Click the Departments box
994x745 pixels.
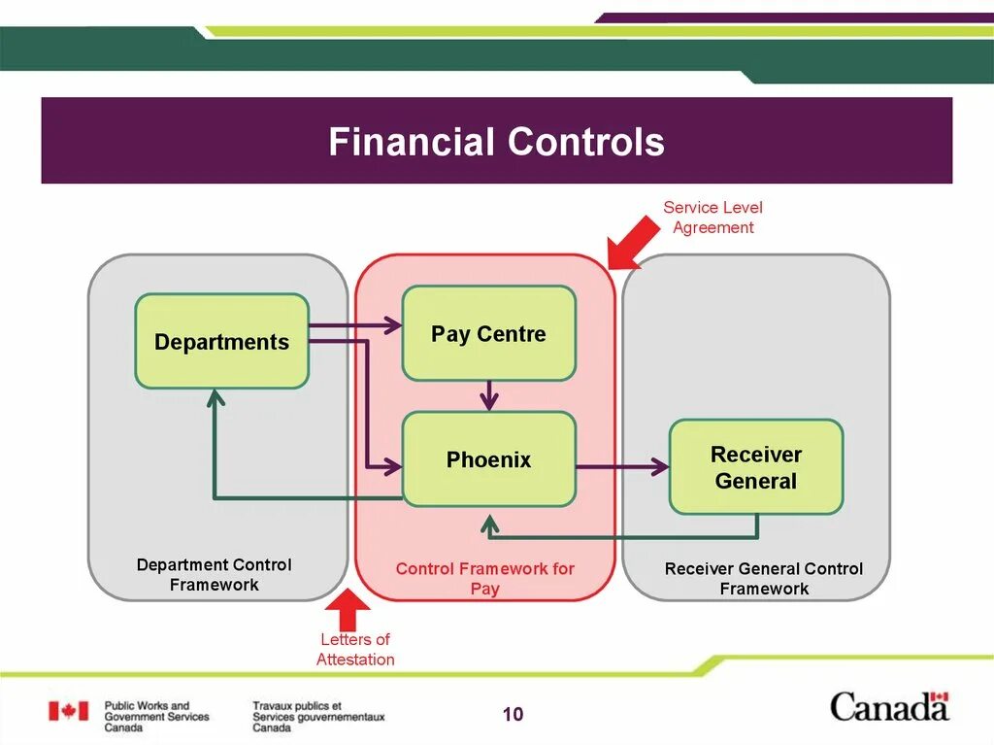(x=221, y=342)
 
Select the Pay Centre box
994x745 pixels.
(x=488, y=333)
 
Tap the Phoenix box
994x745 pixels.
(x=488, y=459)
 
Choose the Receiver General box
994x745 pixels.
(x=756, y=467)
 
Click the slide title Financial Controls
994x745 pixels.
(x=496, y=142)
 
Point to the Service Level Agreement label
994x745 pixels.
(x=713, y=218)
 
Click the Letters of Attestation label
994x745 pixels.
(x=355, y=649)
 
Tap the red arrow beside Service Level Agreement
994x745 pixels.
(x=631, y=242)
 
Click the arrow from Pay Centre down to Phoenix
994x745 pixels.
(x=489, y=394)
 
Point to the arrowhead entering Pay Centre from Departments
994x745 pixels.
(x=392, y=325)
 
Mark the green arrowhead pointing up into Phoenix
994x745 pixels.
(x=489, y=525)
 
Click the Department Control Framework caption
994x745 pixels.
(x=214, y=574)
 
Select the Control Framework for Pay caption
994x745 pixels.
(x=484, y=578)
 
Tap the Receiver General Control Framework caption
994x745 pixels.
(x=764, y=578)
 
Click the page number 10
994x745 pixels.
(x=513, y=715)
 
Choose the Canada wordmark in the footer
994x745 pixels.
(x=889, y=706)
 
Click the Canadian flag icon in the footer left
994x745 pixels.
(x=68, y=711)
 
